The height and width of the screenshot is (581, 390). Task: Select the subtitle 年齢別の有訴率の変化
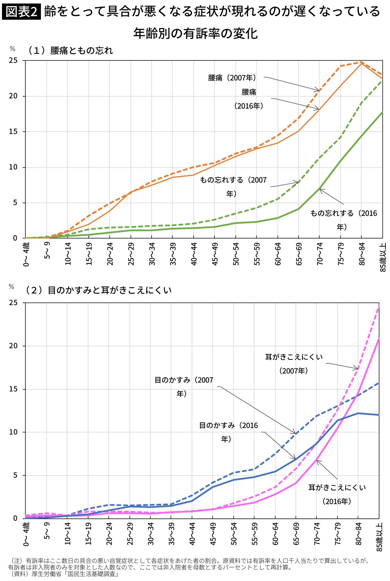[x=195, y=33]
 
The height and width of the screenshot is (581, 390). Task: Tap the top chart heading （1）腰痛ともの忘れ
[x=69, y=51]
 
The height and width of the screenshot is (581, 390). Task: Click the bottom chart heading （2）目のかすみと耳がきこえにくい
[x=98, y=290]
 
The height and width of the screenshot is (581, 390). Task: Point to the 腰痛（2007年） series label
[x=232, y=78]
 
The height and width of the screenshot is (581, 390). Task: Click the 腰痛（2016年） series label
[x=249, y=99]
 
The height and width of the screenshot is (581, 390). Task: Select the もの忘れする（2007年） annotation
[x=233, y=187]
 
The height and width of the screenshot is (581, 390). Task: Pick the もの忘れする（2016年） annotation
[x=343, y=220]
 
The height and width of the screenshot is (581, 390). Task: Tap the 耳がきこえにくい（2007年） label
[x=294, y=364]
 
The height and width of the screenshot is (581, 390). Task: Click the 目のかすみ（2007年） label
[x=184, y=387]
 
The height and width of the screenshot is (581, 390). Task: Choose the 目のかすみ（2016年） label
[x=228, y=432]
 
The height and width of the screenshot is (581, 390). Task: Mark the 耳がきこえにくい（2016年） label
[x=337, y=494]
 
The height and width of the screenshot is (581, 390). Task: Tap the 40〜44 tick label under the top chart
[x=194, y=254]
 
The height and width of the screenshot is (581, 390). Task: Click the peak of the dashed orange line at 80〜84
[x=361, y=62]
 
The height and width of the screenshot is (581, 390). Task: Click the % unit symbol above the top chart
[x=12, y=49]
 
